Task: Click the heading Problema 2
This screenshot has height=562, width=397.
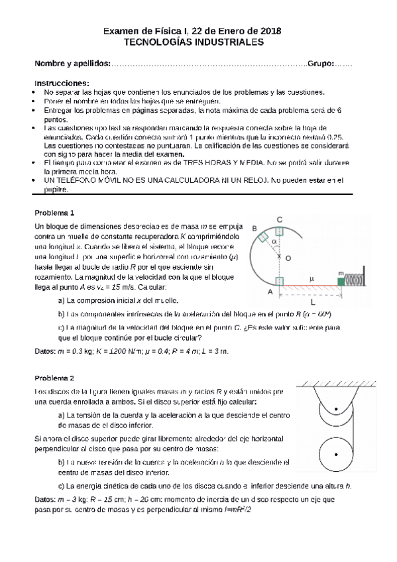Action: pos(54,378)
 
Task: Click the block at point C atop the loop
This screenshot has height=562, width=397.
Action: pos(279,231)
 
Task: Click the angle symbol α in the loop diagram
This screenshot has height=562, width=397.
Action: pos(274,243)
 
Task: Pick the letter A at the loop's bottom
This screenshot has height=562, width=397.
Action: pos(270,291)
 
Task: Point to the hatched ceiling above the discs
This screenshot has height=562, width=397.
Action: pos(337,384)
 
